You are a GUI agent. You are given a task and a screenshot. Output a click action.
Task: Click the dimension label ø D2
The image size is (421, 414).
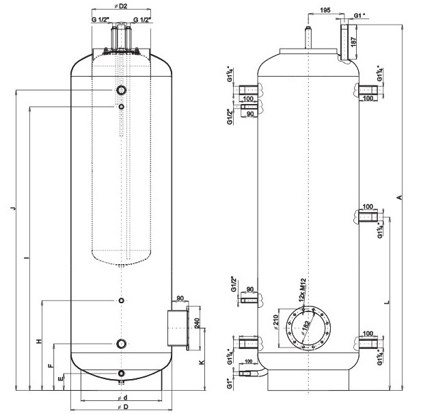tap(123, 5)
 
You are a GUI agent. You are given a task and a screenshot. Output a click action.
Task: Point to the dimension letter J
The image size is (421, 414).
tap(14, 208)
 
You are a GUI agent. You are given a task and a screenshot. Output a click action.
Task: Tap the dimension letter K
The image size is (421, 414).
tap(200, 362)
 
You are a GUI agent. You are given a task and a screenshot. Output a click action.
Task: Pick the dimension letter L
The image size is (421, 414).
tap(387, 301)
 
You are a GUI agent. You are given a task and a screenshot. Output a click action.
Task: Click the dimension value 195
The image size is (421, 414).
tap(325, 11)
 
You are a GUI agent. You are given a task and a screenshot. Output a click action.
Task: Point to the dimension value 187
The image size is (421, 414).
tap(353, 41)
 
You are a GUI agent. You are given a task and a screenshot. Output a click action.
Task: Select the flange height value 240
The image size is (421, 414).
tap(197, 323)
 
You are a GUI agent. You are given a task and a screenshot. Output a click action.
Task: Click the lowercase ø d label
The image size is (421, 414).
tap(123, 397)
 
